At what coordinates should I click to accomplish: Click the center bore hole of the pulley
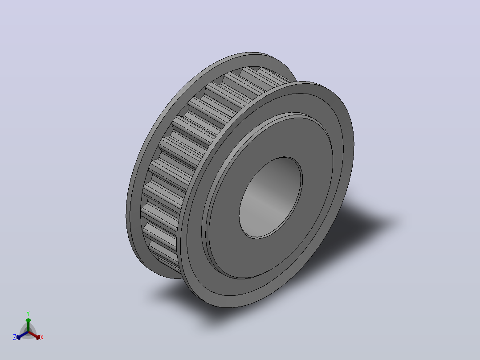coord(271,198)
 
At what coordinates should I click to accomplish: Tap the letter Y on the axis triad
coord(28,313)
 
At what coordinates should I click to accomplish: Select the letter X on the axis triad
coord(42,337)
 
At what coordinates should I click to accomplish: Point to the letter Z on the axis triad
coord(15,337)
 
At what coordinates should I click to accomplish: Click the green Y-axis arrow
coord(28,325)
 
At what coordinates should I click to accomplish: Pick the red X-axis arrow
coord(34,335)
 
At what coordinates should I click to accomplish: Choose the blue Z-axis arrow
coord(22,335)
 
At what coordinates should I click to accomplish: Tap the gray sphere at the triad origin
coord(28,332)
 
